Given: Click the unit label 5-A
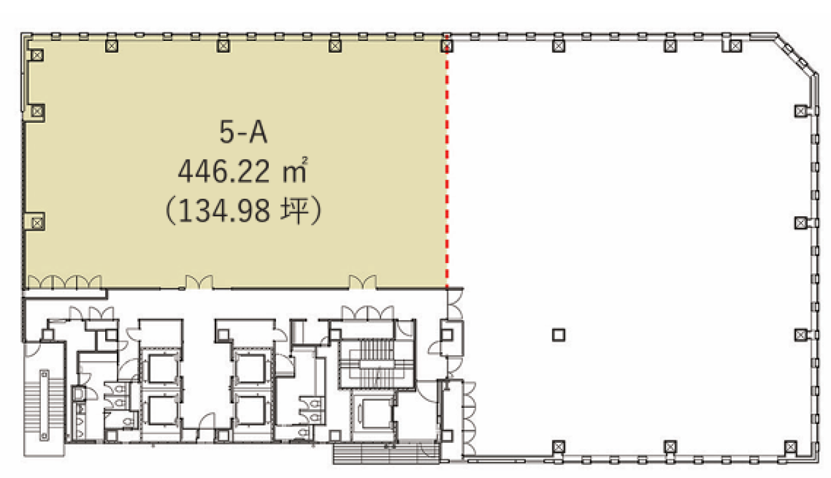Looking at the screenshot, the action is [x=243, y=132].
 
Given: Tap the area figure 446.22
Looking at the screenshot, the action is [x=224, y=171].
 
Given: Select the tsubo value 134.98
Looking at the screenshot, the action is [x=224, y=211].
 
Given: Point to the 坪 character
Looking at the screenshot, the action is [x=294, y=211].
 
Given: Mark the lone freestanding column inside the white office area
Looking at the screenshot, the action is [x=558, y=335].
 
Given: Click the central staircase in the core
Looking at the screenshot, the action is [x=377, y=364].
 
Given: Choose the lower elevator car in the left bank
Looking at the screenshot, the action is [x=162, y=410].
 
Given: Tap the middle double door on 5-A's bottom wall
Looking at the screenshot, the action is [x=199, y=282].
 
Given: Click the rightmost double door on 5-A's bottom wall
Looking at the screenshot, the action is [x=363, y=282].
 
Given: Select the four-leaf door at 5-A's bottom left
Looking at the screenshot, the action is [x=64, y=282].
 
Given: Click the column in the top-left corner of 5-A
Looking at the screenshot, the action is [x=37, y=55].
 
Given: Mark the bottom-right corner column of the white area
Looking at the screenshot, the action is [x=790, y=447].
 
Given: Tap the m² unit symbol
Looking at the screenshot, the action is [x=295, y=170].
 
